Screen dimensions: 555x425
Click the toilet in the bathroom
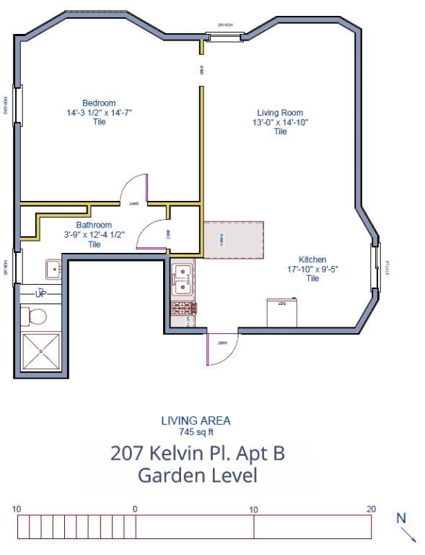pos(33,317)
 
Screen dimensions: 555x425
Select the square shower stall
pos(41,351)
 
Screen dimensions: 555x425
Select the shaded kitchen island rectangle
pos(234,240)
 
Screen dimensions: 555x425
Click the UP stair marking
pos(40,293)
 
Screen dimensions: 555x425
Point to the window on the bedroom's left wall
pos(17,106)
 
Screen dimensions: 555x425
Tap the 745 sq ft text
pos(196,432)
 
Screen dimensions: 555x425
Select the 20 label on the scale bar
pos(371,509)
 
